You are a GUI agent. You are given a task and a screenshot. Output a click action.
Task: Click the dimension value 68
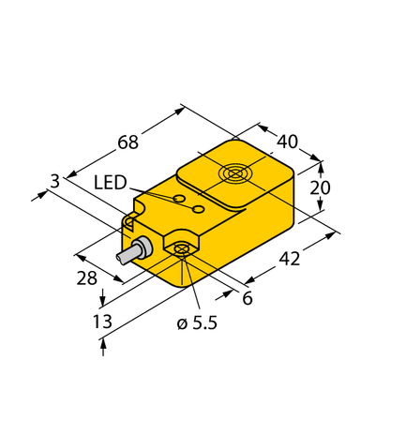[x=128, y=142]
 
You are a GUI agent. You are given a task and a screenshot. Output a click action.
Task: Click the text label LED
[x=111, y=184]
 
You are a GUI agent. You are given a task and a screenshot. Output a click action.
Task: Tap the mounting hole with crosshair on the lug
[x=181, y=249]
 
